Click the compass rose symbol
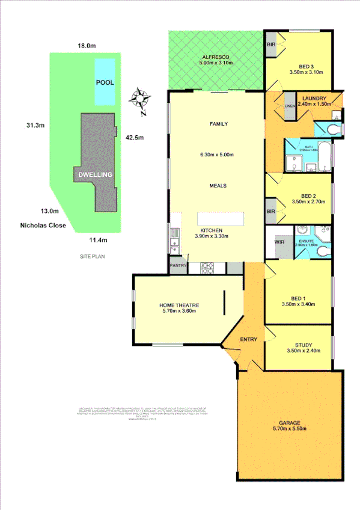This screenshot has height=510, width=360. tap(141, 99)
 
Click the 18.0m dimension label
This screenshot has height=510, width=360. tap(87, 46)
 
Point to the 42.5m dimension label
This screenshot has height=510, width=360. tap(135, 137)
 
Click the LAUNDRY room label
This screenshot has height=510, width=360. tap(314, 99)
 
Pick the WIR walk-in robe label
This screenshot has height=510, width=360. tap(279, 242)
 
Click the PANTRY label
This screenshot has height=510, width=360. tap(179, 265)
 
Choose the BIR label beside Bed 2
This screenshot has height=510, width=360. tap(271, 212)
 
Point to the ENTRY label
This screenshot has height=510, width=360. tap(249, 339)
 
